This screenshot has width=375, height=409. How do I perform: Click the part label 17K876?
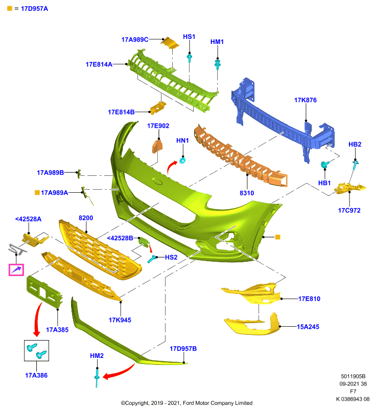point(305,100)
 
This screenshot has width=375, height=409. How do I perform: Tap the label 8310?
point(247,193)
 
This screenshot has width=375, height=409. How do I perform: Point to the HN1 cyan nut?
point(182,160)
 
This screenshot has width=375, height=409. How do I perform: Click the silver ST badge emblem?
point(17,249)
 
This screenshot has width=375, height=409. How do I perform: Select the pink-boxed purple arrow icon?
point(16,270)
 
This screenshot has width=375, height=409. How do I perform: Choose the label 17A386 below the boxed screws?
point(36,375)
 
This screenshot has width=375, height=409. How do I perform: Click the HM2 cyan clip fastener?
point(97,378)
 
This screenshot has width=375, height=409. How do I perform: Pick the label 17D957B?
point(183,349)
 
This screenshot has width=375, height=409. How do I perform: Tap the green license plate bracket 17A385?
point(44,292)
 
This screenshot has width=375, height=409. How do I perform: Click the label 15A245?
point(308,327)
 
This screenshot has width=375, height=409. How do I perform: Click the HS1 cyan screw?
point(190,58)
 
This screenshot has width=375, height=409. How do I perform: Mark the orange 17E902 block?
point(157,146)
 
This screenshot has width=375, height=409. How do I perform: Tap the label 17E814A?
point(99,64)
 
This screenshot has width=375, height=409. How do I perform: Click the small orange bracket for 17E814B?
point(158,107)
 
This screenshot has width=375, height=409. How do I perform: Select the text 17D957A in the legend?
point(34,9)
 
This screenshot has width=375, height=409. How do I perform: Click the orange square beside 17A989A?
point(37,193)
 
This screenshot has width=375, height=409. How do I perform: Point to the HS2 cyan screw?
point(152,259)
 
